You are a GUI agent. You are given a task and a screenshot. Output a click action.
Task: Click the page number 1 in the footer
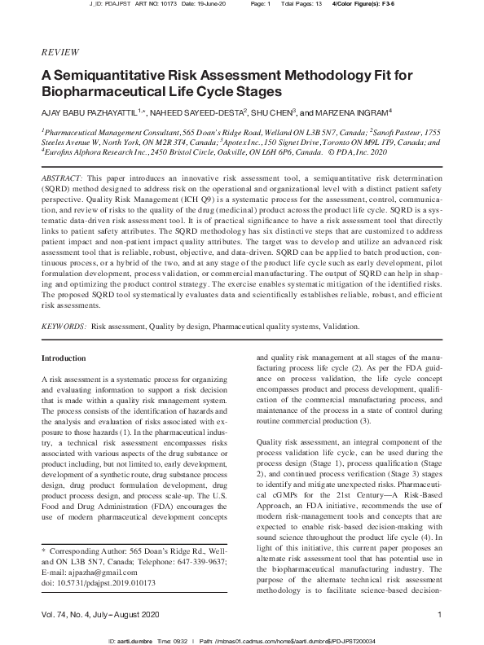(x=439, y=614)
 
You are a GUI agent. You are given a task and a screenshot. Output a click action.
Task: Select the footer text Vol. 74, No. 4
(x=69, y=614)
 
